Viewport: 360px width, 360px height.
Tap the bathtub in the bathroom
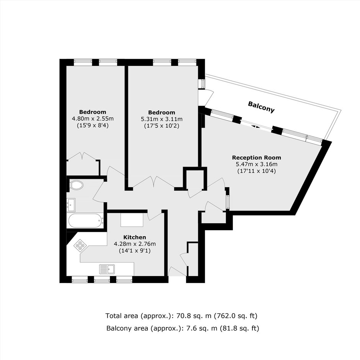[86, 221]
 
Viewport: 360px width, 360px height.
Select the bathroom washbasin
[71, 205]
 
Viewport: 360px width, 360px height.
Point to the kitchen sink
[107, 269]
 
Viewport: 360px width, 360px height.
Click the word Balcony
[261, 107]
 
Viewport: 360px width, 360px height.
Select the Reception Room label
[257, 158]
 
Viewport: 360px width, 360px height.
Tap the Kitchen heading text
[134, 237]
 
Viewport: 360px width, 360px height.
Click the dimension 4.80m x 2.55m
[93, 119]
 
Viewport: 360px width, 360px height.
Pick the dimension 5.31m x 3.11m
[162, 119]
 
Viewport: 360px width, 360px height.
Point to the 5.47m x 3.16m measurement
[257, 164]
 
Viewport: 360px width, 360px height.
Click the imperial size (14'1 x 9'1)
[134, 251]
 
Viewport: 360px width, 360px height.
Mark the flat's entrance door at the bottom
[177, 272]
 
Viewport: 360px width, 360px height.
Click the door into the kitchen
[155, 215]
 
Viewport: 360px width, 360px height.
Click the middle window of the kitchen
[102, 279]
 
